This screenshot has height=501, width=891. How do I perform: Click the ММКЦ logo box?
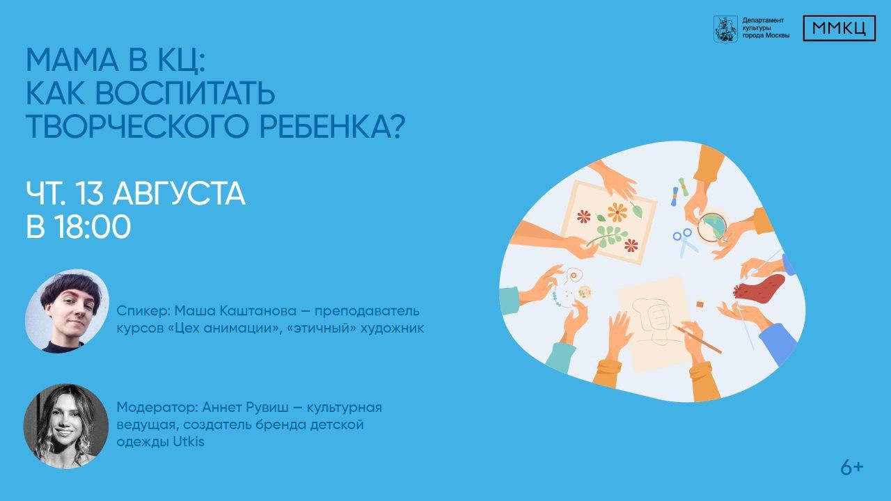point(839,29)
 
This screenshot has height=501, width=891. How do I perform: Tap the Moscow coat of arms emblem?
point(725,29)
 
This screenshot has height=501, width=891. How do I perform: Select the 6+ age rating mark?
point(852,468)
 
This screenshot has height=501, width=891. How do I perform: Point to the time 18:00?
point(93,227)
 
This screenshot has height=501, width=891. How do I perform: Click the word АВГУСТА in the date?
point(180,194)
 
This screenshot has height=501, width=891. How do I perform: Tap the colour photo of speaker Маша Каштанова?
point(68,311)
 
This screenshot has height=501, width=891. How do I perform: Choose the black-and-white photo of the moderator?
point(66,426)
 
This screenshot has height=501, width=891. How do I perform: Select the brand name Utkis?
point(189,442)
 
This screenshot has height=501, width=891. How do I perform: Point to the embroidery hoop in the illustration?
point(712,227)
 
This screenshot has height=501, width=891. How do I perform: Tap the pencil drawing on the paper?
point(698,339)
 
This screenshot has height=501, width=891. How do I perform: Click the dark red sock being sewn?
point(759,287)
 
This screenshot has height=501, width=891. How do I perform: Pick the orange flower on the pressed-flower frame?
point(617,212)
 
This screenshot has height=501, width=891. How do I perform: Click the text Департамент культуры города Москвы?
point(766,28)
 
